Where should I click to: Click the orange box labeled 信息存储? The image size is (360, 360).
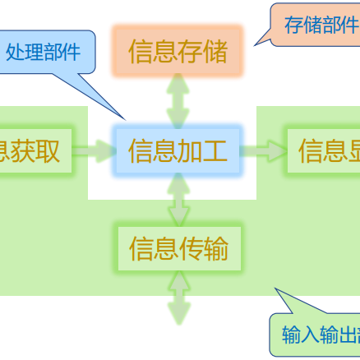point(178,51)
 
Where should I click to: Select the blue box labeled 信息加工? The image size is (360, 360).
point(178,151)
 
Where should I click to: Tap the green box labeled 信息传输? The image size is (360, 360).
point(178,248)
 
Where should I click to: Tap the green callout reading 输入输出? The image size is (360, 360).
point(321,335)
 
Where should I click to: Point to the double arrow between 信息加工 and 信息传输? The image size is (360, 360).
point(178,201)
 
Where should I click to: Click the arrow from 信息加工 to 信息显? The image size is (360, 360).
point(264,151)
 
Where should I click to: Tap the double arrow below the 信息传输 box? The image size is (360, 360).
point(178,298)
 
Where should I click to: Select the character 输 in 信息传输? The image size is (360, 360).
point(216,248)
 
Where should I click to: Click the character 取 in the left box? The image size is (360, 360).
point(48,151)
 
